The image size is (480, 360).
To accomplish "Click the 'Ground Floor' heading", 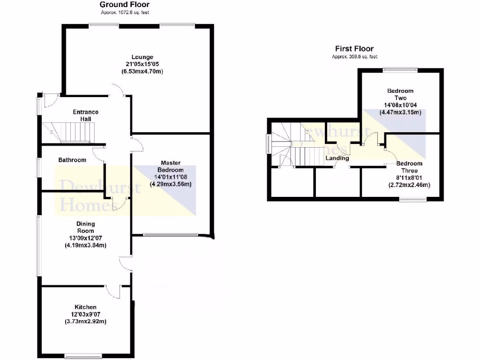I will pos(125,5).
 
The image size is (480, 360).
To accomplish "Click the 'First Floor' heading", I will pos(354,49).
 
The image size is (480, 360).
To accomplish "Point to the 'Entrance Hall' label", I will pos(86,115).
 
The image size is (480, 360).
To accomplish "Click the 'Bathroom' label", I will pos(72,160).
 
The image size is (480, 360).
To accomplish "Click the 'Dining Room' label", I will pos(86,227).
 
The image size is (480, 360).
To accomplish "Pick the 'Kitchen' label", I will pos(85,307).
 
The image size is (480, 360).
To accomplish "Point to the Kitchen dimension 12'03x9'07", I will pos(85,314).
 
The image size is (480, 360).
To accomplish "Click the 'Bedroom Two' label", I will pos(400,94).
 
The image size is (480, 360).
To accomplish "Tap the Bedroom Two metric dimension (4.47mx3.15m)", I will pos(400,112).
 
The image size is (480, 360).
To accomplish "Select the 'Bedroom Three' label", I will pos(409,167).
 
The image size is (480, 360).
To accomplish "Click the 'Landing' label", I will pos(337,158).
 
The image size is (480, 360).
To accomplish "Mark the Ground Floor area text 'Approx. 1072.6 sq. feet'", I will pos(125,12).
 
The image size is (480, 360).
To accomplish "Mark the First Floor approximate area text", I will pos(354,56).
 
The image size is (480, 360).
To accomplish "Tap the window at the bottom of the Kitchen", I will pos(82,354).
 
